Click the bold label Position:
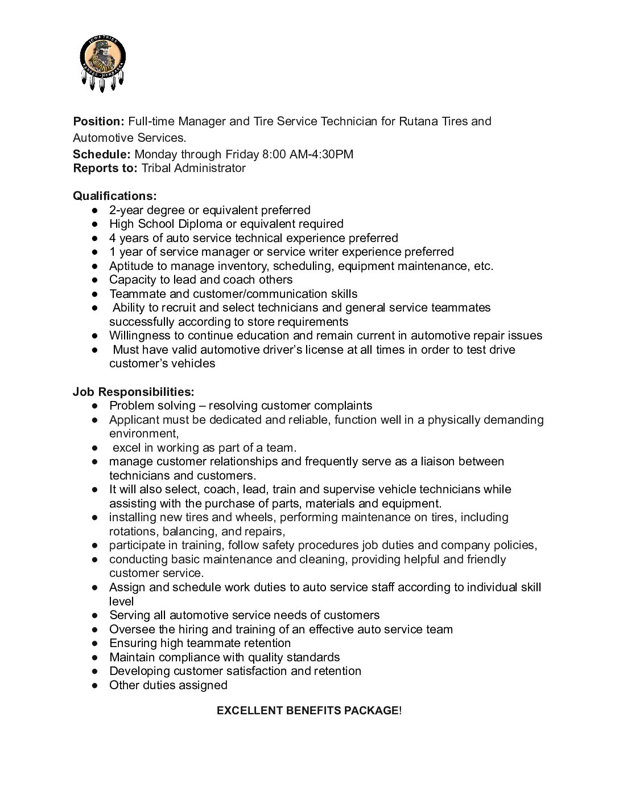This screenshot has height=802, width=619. (98, 121)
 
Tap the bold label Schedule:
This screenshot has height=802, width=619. (102, 154)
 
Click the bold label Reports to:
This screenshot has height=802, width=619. (105, 168)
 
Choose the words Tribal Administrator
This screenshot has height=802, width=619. (193, 168)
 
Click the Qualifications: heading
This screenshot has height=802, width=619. (114, 196)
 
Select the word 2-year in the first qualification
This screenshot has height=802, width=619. (126, 210)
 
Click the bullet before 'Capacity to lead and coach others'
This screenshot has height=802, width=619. (95, 280)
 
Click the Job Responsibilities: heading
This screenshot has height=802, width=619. (133, 392)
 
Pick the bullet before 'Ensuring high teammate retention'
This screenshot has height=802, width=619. (95, 644)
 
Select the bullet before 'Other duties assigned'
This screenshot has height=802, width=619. (95, 686)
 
